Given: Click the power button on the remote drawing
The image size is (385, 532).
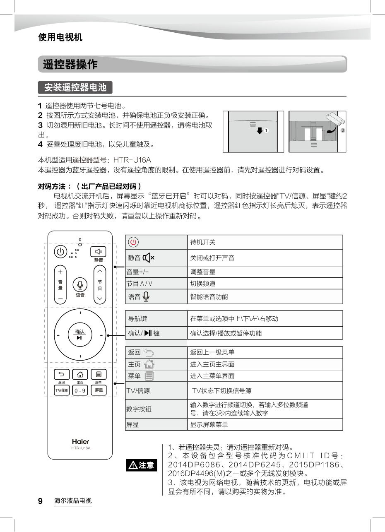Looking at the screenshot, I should [x=60, y=251].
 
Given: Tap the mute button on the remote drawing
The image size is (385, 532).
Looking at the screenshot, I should [x=98, y=251].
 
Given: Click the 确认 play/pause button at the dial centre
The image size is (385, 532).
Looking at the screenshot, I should [x=80, y=335].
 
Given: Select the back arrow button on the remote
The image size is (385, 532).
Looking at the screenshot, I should [x=62, y=374].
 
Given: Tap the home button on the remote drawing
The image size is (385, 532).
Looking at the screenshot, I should [x=80, y=374].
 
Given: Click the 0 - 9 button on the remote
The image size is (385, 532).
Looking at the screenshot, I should [x=80, y=390].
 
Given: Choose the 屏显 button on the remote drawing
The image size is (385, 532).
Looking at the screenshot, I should [x=99, y=390].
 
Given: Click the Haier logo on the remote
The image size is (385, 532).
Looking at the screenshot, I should [x=80, y=441].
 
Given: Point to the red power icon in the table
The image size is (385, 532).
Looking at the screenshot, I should [x=133, y=242].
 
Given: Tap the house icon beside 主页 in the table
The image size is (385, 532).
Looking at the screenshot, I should [x=149, y=364].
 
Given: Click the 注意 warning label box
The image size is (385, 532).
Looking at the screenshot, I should [x=142, y=465].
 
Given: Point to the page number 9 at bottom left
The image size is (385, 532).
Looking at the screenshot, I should [x=41, y=501].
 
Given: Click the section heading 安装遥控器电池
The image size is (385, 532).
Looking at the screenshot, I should [x=75, y=87].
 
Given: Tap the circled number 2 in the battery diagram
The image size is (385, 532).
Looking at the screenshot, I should [x=343, y=130].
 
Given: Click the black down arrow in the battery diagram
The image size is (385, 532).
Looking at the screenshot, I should [x=260, y=130].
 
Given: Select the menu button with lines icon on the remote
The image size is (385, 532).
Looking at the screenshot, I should [x=99, y=374].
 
